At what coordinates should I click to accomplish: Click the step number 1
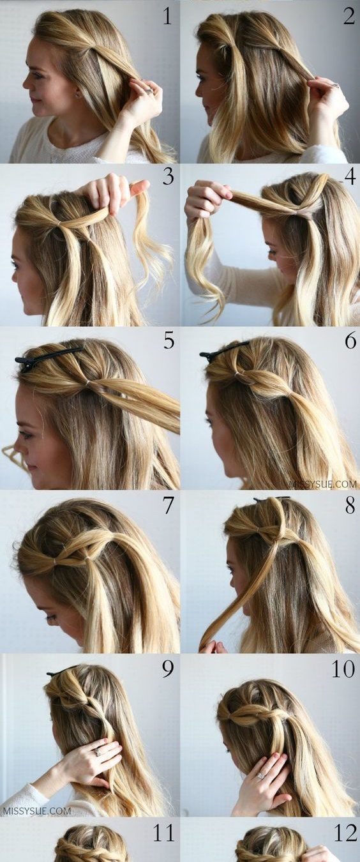(x=167, y=17)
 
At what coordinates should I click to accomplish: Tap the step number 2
(x=349, y=17)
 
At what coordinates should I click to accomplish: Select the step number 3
(x=169, y=177)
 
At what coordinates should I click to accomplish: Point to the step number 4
(x=350, y=177)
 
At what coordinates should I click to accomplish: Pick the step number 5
(x=169, y=341)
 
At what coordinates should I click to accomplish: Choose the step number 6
(x=350, y=341)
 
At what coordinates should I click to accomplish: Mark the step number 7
(x=169, y=506)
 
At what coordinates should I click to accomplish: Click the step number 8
(x=350, y=506)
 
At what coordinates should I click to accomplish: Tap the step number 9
(x=168, y=670)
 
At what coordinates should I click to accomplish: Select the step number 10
(x=343, y=670)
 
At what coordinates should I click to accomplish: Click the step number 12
(x=345, y=833)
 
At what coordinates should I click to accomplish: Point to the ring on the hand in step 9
(x=98, y=752)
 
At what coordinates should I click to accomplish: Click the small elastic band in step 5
(x=88, y=383)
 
